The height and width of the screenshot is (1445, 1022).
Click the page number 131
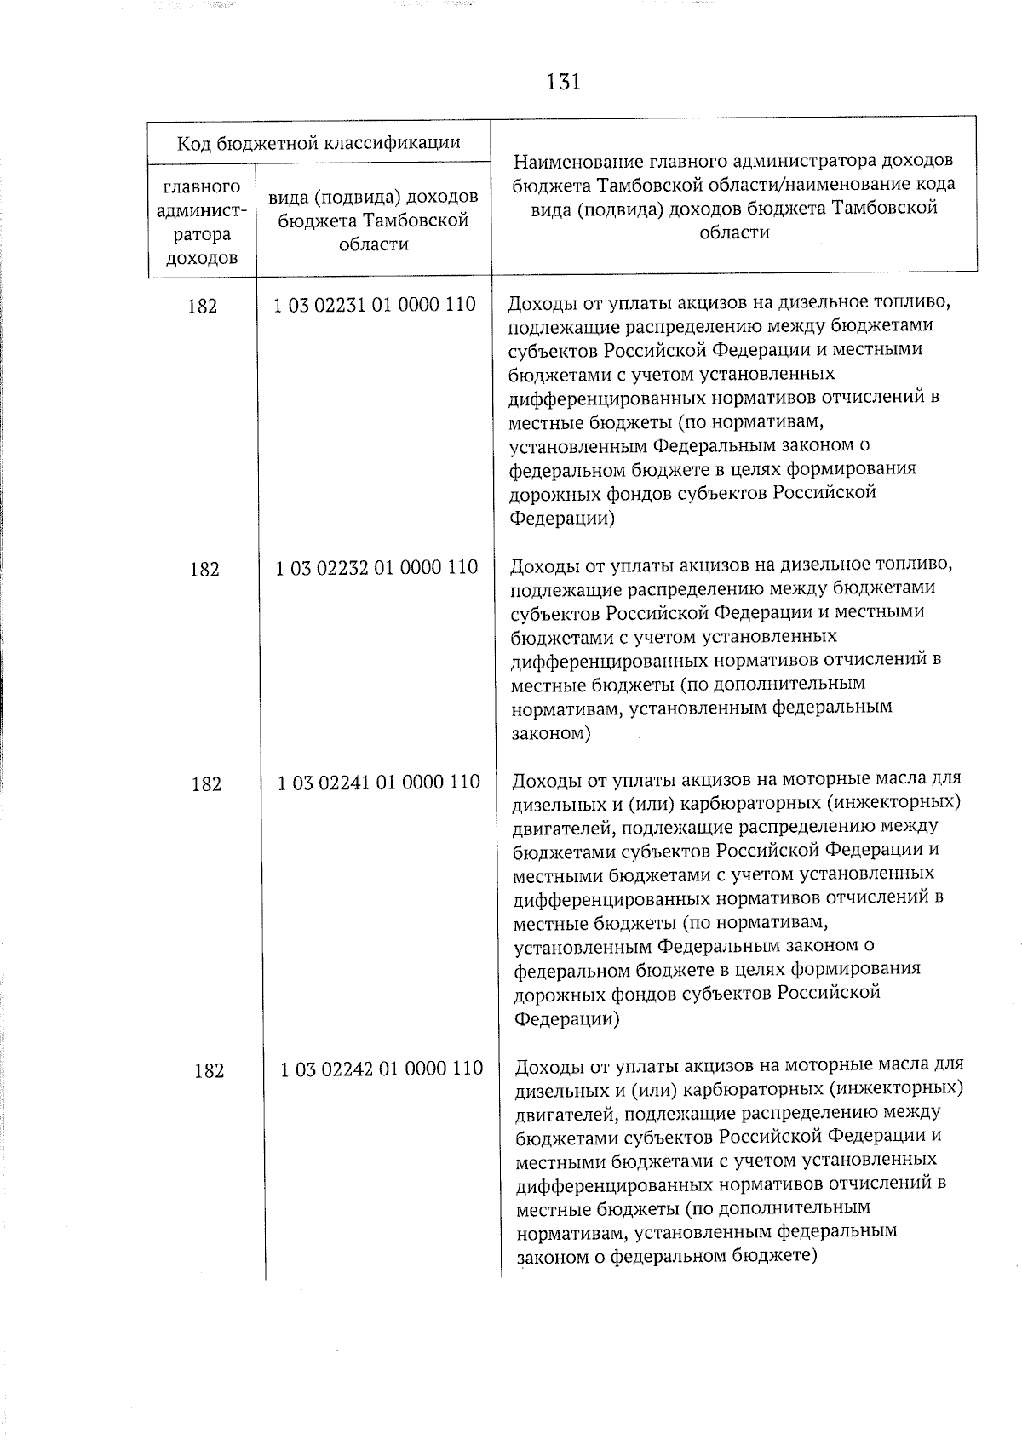click(563, 83)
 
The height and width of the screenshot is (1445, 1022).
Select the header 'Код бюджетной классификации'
click(319, 142)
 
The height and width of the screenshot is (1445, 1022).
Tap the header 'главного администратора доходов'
click(202, 221)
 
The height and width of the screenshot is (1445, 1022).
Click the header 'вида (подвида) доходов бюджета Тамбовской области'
click(373, 221)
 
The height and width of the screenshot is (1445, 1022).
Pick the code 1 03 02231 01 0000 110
click(375, 305)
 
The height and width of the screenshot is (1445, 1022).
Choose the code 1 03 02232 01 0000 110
click(376, 568)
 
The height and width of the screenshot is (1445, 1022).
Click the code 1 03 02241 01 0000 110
click(379, 783)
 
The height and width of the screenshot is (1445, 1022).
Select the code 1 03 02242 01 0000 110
click(382, 1069)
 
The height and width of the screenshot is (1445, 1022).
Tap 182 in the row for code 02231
click(202, 307)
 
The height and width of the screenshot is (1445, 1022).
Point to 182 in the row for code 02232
click(204, 570)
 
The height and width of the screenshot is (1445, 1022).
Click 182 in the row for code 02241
click(206, 784)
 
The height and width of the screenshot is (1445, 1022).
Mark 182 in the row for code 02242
click(209, 1071)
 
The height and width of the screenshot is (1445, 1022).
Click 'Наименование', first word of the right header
click(578, 161)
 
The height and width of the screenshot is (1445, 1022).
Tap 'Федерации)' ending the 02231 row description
click(561, 518)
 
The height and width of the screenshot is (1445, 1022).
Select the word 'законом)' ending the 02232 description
click(550, 732)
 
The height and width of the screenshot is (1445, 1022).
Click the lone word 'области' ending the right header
click(733, 232)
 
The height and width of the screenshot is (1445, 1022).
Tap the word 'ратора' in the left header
click(202, 234)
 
